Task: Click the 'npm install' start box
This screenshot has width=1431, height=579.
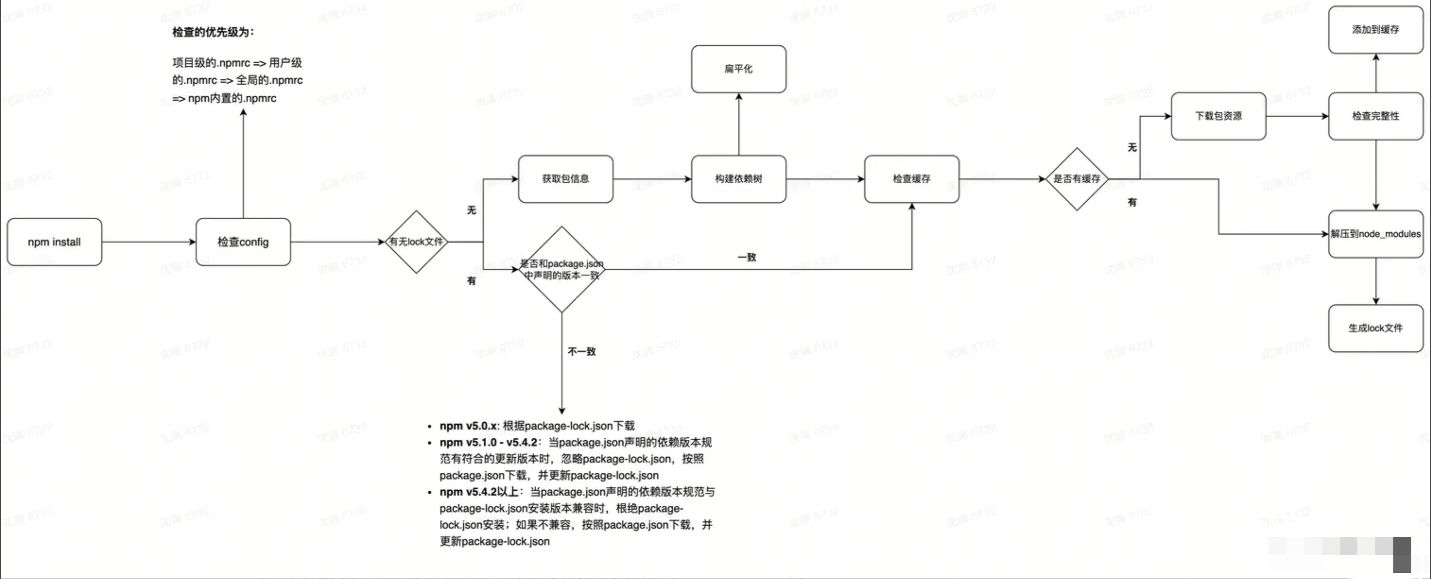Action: (54, 242)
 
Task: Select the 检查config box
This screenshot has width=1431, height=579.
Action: (243, 242)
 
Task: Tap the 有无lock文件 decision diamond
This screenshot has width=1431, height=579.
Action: (416, 242)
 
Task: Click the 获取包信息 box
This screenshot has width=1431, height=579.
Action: (566, 179)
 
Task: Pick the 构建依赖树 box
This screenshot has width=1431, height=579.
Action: (738, 179)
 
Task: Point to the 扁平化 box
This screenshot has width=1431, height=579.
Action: (738, 69)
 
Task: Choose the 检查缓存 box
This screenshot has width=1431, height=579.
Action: (911, 179)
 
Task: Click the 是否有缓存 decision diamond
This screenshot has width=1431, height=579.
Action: (1077, 179)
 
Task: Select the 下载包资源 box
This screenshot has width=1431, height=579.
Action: (1218, 116)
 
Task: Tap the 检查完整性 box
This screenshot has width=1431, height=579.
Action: (1375, 116)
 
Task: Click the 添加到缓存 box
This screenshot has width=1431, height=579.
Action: (1375, 30)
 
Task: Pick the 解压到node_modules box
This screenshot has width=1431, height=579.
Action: (1375, 234)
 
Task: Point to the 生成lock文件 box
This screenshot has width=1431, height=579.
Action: (1375, 328)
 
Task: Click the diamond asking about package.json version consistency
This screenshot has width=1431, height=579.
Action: (561, 269)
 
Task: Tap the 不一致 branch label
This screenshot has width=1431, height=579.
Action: (582, 351)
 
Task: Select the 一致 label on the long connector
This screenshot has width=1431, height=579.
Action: (747, 257)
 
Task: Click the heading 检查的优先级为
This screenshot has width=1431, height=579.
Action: (213, 32)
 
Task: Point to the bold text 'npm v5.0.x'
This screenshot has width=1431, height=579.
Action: (469, 426)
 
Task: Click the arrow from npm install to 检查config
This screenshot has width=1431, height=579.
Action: (149, 242)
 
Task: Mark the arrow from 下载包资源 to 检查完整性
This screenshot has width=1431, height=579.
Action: (1297, 116)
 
